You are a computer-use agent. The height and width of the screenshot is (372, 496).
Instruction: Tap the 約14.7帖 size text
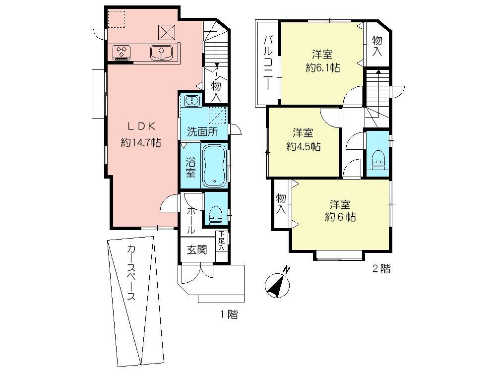tap(140, 143)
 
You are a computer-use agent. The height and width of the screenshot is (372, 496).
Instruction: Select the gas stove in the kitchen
tap(122, 51)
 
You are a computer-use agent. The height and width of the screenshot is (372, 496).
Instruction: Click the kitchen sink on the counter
tap(161, 52)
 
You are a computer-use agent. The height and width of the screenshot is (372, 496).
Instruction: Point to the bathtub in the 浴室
tap(214, 165)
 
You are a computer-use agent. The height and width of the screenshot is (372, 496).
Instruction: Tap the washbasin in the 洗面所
tap(191, 101)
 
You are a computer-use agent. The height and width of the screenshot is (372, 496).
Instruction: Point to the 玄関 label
tap(196, 249)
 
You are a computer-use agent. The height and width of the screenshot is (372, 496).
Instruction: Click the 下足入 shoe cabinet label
tap(222, 241)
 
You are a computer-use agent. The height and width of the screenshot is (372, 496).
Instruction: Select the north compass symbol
tap(278, 283)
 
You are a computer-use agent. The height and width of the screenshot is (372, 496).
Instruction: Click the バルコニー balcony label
tap(268, 62)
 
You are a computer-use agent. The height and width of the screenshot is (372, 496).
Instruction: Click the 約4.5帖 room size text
tap(303, 146)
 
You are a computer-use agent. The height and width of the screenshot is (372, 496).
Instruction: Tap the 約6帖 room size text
tap(340, 217)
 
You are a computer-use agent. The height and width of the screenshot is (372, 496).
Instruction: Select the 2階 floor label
tap(381, 269)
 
